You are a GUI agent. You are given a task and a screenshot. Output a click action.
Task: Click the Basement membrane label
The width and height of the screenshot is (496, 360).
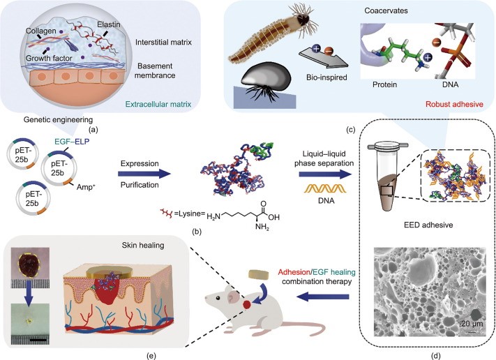pos(169,75)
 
